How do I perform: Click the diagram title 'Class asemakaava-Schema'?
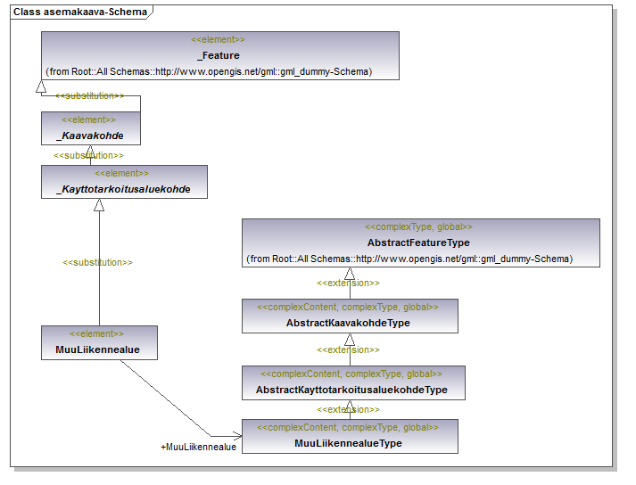coord(80,12)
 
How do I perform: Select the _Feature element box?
coord(220,55)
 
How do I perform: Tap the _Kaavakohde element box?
coord(91,128)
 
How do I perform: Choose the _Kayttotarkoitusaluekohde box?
coord(124,182)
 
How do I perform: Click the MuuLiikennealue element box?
coord(99,342)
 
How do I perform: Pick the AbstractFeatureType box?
coord(421,242)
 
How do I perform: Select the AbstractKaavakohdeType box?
coord(350,316)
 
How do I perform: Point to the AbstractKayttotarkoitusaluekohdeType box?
coord(354,382)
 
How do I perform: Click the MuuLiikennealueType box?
coord(350,436)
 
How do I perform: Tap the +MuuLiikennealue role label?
coord(198,447)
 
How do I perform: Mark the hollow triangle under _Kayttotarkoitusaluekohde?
coord(99,205)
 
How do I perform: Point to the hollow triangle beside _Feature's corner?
coord(41,86)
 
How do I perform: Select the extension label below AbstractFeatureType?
coord(348,283)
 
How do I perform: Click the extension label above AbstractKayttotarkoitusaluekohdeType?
coord(348,349)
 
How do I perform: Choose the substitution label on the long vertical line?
coord(97,262)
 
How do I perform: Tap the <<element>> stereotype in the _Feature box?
coord(218,39)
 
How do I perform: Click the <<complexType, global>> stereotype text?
coord(418,226)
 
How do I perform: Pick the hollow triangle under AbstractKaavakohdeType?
coord(350,340)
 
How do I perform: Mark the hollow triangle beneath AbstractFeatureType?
coord(350,274)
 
